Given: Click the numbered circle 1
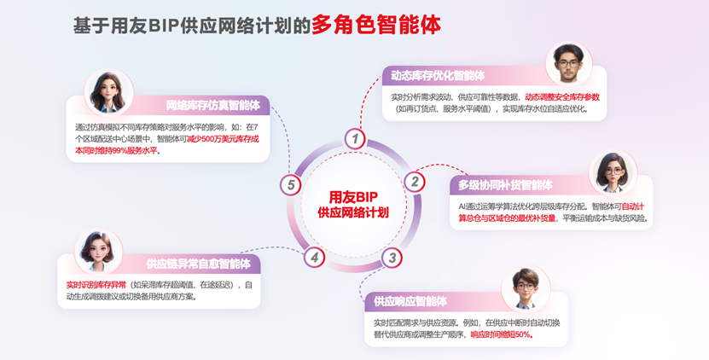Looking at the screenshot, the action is [355, 139].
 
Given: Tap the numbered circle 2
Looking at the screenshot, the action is [414, 182].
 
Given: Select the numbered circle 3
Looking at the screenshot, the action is [392, 258].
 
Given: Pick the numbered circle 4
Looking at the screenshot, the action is [314, 258].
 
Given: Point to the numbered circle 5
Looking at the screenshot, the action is [290, 184].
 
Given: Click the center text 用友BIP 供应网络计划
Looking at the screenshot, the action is [353, 205].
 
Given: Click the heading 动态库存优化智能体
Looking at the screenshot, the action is [438, 76].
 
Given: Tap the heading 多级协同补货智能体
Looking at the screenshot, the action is [505, 185].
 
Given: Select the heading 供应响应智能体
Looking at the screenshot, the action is [410, 301].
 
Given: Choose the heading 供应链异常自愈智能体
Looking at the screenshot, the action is [198, 264].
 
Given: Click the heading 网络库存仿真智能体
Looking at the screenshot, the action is [213, 106].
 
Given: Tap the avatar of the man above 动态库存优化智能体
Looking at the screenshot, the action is [568, 63].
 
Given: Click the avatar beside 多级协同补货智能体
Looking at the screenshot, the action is [613, 173].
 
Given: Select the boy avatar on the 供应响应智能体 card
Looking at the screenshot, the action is [526, 288].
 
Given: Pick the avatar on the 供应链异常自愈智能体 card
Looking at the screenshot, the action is [98, 251].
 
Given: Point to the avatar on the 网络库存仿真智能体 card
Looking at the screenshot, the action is [108, 92].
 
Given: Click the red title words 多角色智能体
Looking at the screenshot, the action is [375, 25].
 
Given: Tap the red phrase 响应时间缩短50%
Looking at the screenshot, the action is [502, 335].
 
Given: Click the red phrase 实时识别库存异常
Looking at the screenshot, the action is [96, 286].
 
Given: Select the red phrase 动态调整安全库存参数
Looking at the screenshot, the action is [562, 97].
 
